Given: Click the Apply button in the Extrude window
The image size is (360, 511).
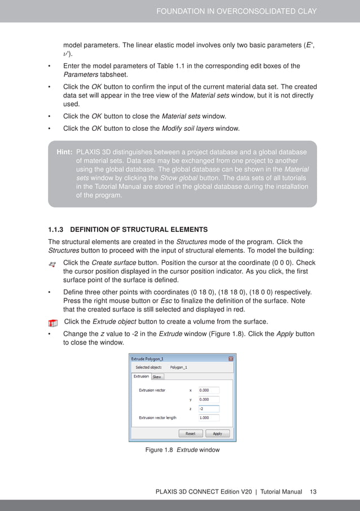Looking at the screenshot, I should [217, 434].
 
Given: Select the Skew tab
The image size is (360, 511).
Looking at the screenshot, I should [157, 377].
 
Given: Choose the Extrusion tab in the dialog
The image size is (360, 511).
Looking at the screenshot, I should [141, 376].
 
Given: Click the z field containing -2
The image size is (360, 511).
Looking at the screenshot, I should [208, 409].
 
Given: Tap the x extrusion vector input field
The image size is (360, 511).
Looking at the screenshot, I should [208, 390].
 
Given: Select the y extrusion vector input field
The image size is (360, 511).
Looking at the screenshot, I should [208, 399].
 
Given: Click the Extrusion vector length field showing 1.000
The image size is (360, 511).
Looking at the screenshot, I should [208, 418].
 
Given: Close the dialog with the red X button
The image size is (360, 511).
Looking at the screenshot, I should [231, 358].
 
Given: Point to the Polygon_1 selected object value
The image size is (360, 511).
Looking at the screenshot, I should [178, 367].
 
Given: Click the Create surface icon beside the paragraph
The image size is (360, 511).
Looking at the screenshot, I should [52, 264].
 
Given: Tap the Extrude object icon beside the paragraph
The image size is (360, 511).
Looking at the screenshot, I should [52, 323].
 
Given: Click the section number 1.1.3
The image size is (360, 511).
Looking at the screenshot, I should [57, 230].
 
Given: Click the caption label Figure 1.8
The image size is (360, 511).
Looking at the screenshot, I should [159, 450].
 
